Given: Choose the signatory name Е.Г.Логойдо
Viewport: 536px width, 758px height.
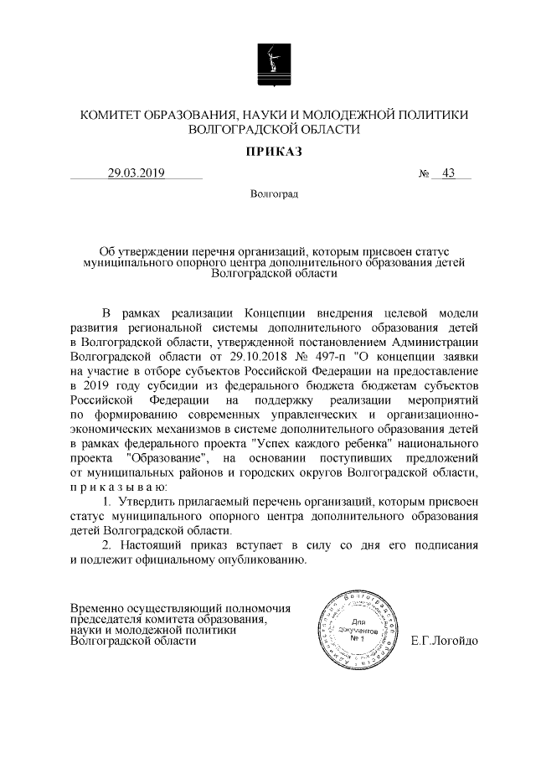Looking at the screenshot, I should coord(444,642).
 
